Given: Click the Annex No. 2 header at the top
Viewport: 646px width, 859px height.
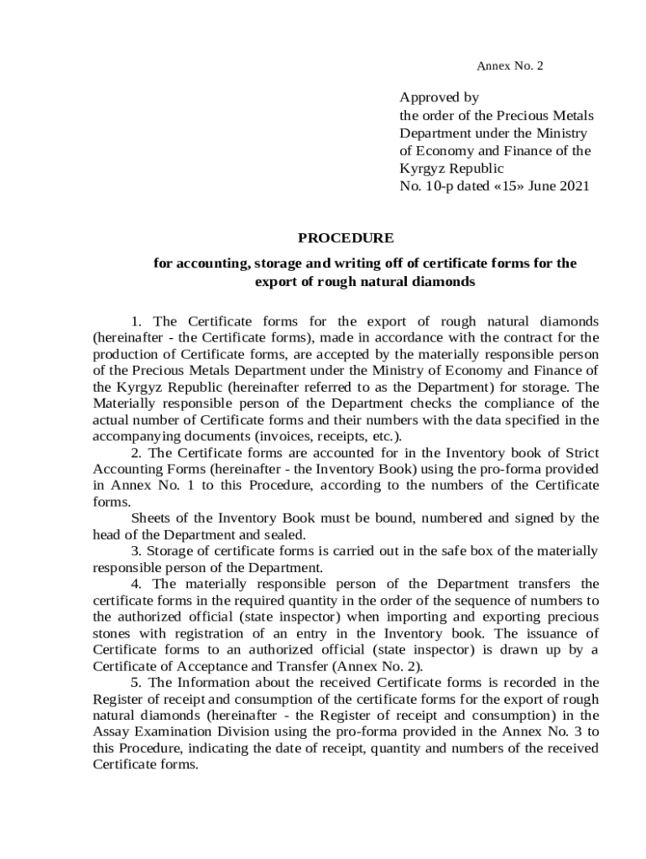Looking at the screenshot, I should [x=510, y=65].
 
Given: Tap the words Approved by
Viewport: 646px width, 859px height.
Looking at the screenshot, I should [x=439, y=98].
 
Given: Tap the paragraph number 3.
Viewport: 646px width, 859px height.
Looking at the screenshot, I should [x=137, y=551].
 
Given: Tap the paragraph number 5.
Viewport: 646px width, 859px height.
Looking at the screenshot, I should [x=137, y=682].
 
